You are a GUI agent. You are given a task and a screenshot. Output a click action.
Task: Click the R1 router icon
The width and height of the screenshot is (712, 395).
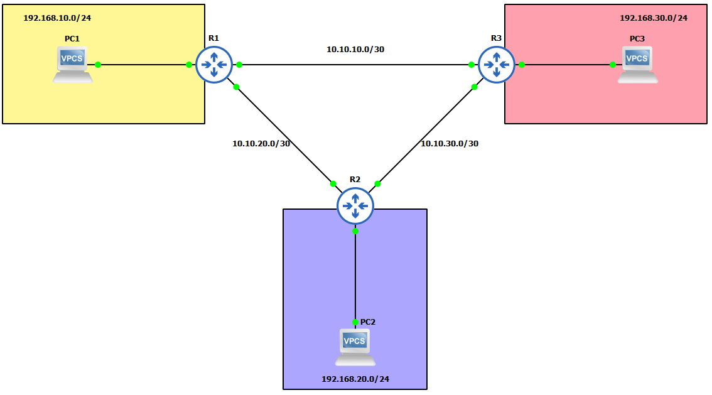click(x=214, y=64)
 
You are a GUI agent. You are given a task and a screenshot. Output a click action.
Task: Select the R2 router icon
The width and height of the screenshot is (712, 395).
click(x=355, y=205)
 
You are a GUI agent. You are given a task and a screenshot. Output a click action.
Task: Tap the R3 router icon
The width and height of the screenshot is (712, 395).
click(x=497, y=64)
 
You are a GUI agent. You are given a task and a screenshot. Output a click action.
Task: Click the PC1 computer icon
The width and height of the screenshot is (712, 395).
click(x=73, y=65)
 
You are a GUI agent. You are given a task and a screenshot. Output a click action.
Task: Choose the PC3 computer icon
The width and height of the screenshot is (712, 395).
click(x=637, y=65)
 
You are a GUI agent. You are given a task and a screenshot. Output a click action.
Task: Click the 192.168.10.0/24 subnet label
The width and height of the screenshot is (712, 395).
click(x=57, y=18)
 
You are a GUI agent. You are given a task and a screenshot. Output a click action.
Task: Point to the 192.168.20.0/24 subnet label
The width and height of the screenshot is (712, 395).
click(x=355, y=379)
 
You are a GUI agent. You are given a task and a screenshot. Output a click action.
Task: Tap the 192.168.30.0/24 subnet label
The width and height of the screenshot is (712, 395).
click(x=654, y=18)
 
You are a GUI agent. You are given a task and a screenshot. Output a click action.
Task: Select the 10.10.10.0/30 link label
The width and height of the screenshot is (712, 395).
click(x=355, y=49)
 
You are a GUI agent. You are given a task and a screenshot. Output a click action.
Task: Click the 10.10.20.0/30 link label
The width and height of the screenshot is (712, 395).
click(x=261, y=143)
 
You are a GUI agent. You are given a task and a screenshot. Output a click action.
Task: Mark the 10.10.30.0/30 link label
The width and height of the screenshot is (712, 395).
click(x=450, y=143)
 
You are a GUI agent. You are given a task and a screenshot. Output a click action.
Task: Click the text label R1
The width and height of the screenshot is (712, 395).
click(x=213, y=38)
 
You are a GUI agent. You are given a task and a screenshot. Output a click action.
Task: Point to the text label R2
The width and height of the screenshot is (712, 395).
click(x=355, y=179)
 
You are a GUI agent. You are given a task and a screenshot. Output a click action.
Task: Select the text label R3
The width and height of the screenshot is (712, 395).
click(x=496, y=38)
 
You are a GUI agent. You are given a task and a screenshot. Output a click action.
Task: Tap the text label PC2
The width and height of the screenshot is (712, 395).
click(x=368, y=322)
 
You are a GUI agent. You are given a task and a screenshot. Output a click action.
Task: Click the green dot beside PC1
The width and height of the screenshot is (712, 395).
click(x=98, y=65)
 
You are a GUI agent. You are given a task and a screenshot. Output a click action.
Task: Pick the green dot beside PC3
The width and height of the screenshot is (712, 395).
click(x=613, y=65)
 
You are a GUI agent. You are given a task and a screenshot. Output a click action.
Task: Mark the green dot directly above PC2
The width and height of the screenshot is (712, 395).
click(x=355, y=322)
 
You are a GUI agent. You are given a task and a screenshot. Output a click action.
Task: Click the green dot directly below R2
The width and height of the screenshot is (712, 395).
click(x=355, y=231)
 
